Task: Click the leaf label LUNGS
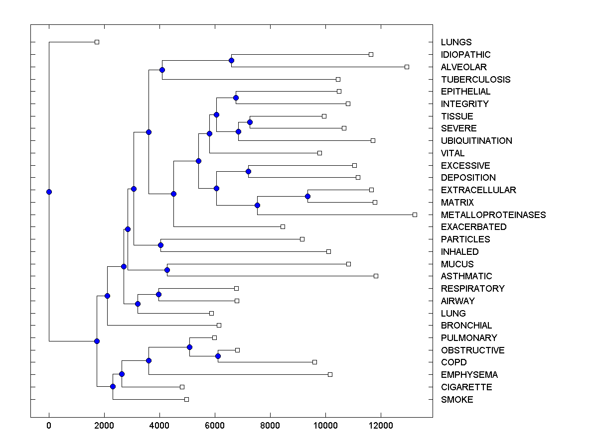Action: coord(456,42)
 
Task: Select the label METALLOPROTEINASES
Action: coord(493,215)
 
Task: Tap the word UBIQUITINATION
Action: coord(476,141)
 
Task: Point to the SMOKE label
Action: coord(457,400)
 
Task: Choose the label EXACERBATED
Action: coord(473,227)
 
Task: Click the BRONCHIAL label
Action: coord(466,326)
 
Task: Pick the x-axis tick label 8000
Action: coord(270,425)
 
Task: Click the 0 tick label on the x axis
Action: coord(49,425)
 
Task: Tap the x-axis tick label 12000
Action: coord(381,425)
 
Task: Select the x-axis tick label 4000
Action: coord(159,425)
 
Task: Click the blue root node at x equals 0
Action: coord(49,192)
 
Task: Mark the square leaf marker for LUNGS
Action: coord(97,42)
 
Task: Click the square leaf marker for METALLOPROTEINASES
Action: coord(415,215)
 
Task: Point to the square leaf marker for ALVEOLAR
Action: coord(407,67)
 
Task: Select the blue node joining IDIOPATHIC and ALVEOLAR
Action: coord(231,60)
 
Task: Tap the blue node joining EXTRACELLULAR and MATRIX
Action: coord(307,196)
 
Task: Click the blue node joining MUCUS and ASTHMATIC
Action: coord(167,270)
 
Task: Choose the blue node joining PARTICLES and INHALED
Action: coord(160,245)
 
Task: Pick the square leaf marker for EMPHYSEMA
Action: coord(330,374)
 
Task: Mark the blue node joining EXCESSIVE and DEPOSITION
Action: coord(248,171)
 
